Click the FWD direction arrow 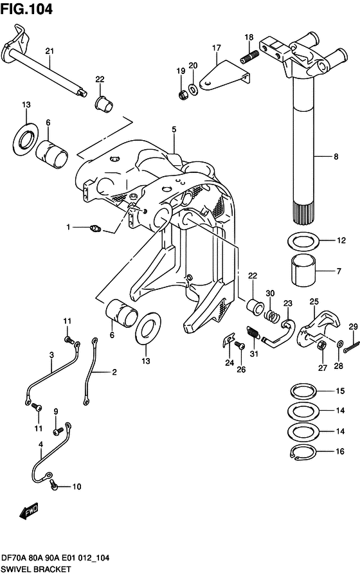29,512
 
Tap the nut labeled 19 182,95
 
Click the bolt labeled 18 248,59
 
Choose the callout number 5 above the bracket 174,130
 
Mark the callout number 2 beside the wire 114,372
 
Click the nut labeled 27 319,346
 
